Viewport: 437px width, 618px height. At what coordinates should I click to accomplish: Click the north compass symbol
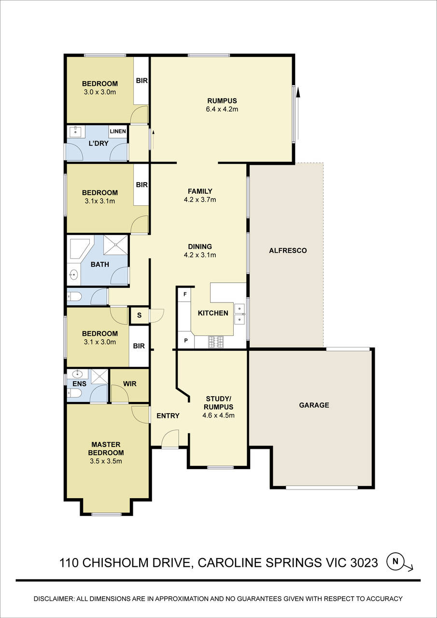point(396,561)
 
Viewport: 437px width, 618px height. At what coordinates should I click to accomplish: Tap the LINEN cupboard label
point(118,131)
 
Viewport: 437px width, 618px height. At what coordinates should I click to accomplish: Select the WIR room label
point(129,384)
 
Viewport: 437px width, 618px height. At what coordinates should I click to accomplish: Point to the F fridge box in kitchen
point(184,294)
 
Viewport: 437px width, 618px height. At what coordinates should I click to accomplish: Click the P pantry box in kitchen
point(185,340)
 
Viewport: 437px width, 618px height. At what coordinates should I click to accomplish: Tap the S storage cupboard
point(139,316)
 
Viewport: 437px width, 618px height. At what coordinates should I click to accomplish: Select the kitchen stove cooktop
point(216,342)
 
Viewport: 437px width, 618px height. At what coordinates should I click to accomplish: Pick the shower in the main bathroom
point(116,244)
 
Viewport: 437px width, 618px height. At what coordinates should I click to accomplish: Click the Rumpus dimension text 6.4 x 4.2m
point(222,109)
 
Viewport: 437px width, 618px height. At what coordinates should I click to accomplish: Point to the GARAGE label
point(314,405)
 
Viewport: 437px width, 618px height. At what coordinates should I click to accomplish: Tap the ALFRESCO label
point(288,250)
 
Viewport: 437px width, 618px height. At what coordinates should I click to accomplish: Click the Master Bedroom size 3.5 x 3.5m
point(105,461)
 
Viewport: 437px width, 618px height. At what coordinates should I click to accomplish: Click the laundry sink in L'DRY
point(75,131)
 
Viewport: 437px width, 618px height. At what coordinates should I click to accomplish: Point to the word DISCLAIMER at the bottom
point(54,599)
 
